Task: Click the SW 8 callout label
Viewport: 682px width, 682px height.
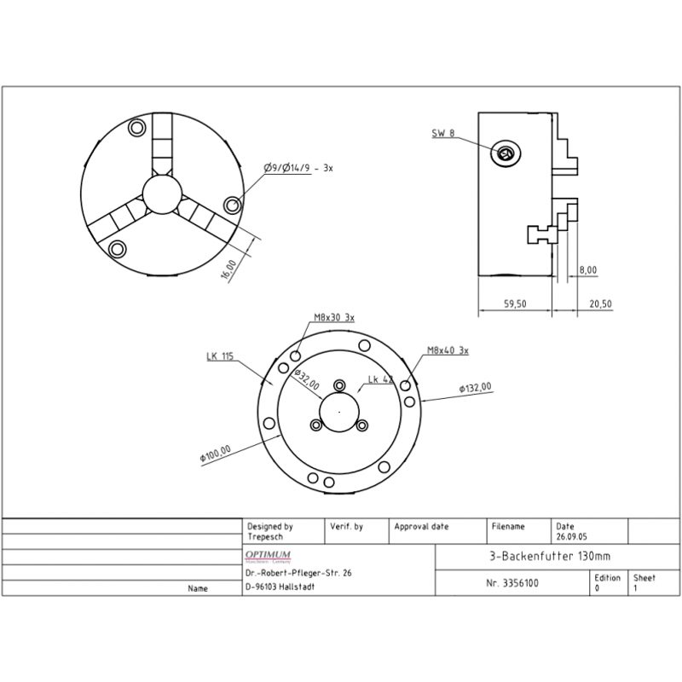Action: [443, 133]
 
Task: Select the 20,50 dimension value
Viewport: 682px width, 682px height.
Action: [600, 304]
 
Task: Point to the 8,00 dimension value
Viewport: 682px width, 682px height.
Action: [587, 270]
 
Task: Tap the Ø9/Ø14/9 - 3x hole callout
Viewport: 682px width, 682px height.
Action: [298, 169]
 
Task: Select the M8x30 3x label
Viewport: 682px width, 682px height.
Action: [334, 317]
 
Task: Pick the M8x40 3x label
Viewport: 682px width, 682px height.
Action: [448, 350]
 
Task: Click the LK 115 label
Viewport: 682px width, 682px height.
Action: [219, 356]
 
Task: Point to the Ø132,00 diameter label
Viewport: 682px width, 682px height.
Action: [475, 388]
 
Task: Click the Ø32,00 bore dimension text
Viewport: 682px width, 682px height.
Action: [306, 379]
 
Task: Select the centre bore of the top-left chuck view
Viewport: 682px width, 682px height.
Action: [161, 194]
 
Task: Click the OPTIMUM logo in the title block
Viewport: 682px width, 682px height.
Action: [269, 555]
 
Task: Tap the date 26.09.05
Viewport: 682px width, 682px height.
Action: [571, 538]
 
